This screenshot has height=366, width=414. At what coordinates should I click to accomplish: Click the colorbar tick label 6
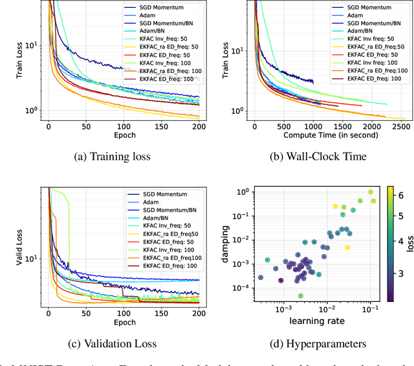[401, 194]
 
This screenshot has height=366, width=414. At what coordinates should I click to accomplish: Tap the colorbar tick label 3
[401, 274]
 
